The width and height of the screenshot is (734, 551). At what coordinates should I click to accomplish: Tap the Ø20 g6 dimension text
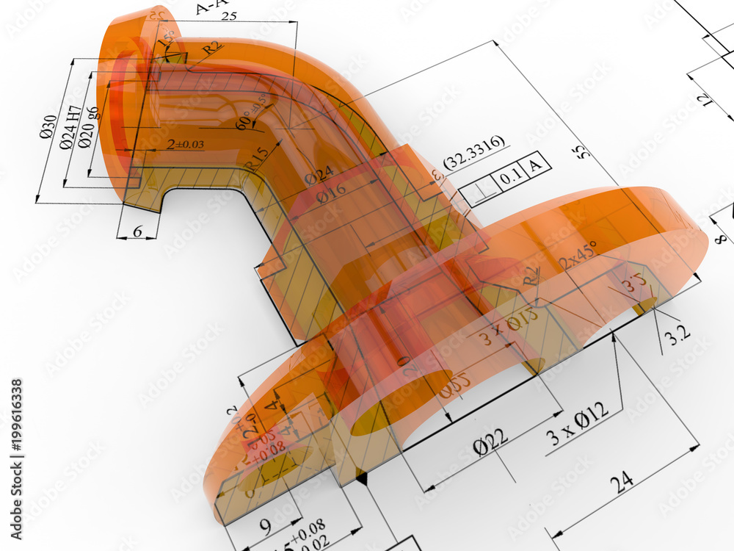89,127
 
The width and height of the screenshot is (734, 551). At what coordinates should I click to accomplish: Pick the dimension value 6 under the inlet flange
138,230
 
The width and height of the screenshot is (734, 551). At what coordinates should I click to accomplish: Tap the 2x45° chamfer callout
578,253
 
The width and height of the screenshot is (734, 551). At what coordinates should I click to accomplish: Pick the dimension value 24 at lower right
621,481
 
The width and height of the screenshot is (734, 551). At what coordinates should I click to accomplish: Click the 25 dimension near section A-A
229,15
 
